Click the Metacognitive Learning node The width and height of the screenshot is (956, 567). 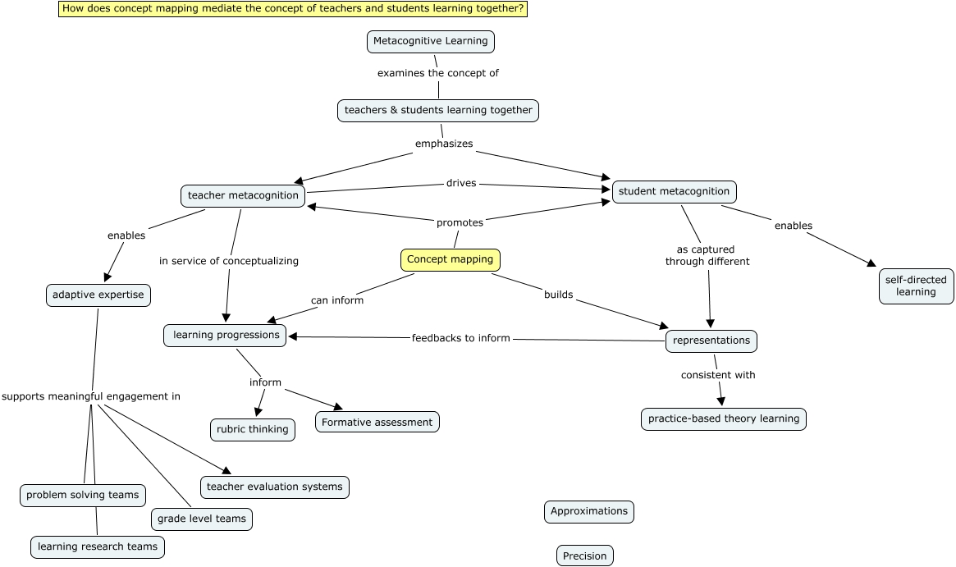pos(430,41)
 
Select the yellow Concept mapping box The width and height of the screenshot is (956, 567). pos(450,260)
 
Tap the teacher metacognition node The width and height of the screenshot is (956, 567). pos(243,196)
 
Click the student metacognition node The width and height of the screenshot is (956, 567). pos(674,192)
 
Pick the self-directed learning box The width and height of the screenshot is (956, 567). pos(916,286)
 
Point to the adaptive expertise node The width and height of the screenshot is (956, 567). pos(98,295)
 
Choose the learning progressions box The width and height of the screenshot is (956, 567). pos(226,335)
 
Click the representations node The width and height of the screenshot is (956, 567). pos(711,341)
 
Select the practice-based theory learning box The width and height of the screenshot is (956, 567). pos(723,418)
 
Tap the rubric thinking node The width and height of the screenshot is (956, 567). pos(252,429)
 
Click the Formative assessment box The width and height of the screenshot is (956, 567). pos(377,423)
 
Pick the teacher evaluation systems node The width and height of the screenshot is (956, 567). pos(274,487)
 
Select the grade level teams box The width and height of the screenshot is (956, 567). pos(201,519)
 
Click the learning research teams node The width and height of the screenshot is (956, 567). pos(98,546)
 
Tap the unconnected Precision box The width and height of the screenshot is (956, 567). pos(584,556)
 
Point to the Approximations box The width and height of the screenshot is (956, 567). pos(588,511)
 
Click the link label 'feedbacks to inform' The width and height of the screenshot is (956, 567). pos(460,338)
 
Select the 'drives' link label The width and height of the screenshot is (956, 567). pos(460,184)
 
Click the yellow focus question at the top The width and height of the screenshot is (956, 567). pos(293,9)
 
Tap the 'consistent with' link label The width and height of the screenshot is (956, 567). pos(717,375)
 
